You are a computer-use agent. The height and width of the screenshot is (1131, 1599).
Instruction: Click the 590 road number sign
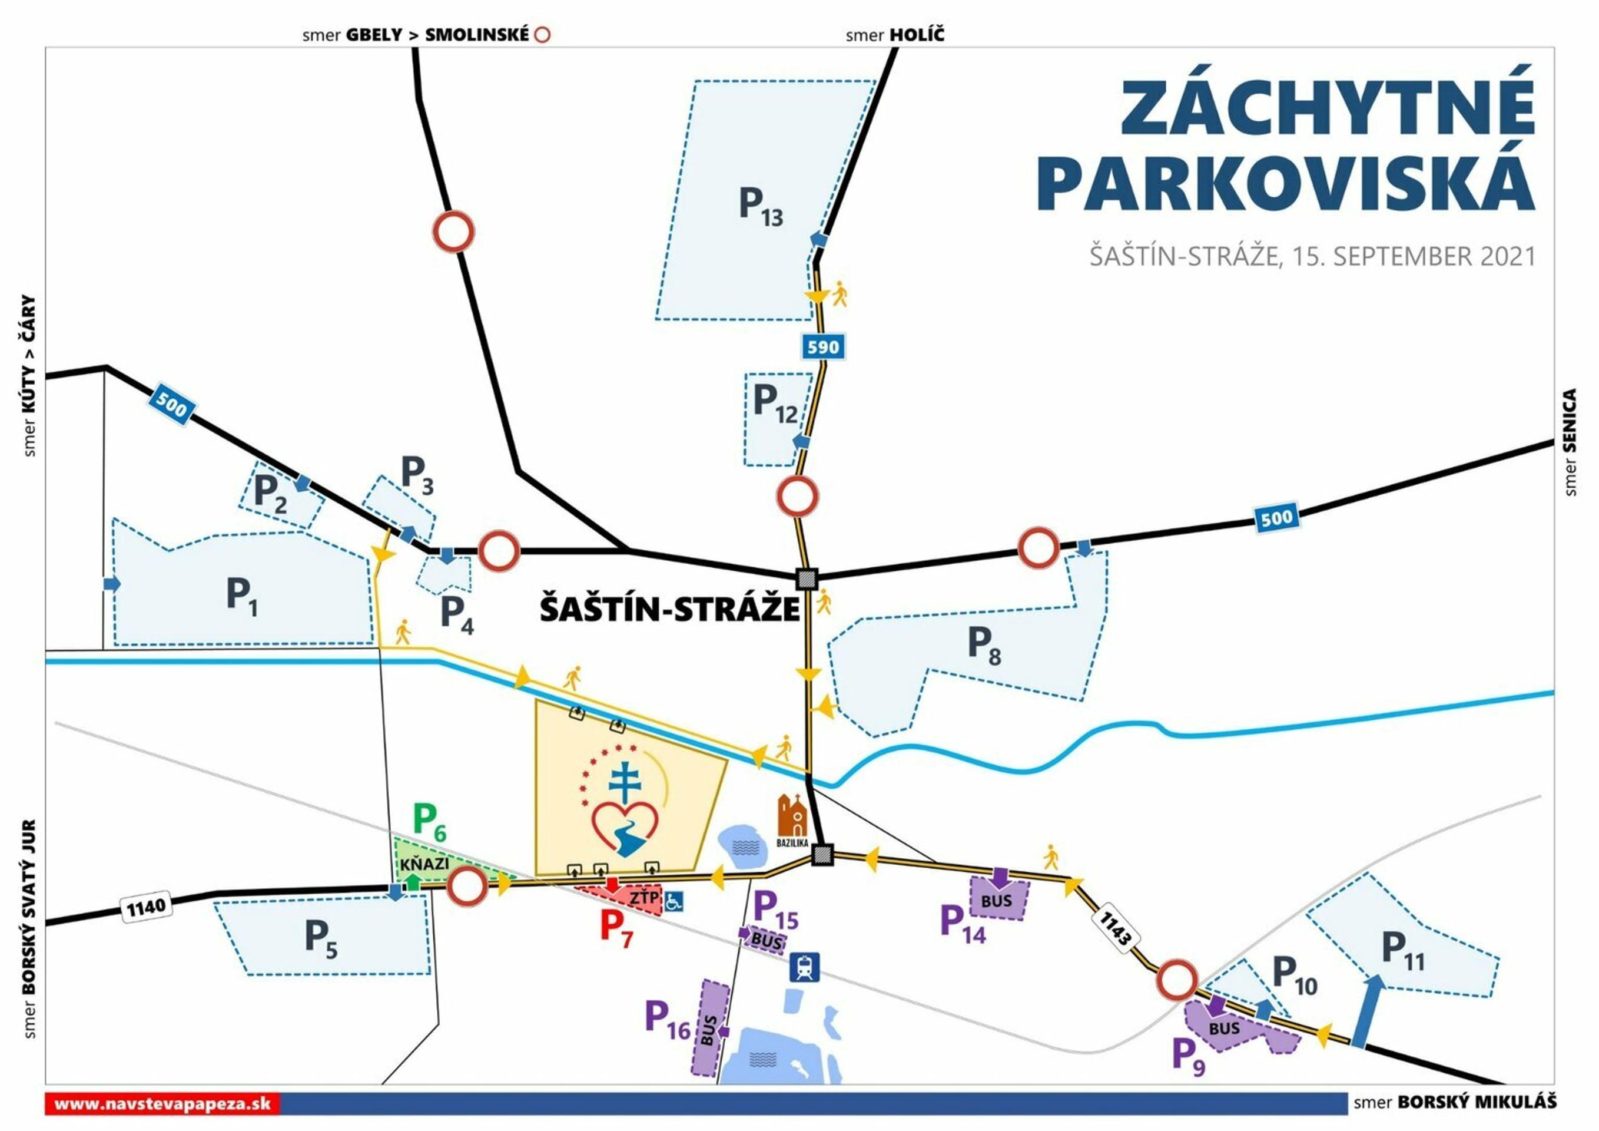[x=823, y=346]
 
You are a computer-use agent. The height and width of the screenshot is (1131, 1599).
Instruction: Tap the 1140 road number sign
[x=145, y=907]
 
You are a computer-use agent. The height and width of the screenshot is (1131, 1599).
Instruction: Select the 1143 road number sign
[x=1115, y=929]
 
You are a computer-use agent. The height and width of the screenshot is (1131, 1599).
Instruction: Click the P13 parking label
[x=761, y=207]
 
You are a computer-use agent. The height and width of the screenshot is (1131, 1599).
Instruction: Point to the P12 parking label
[x=774, y=404]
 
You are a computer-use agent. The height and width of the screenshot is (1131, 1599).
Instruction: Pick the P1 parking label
[x=241, y=597]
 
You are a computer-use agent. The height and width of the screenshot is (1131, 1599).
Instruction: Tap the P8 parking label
[x=983, y=645]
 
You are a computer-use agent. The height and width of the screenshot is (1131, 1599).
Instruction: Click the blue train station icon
[x=805, y=968]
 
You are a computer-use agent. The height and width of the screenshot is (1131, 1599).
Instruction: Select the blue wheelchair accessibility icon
[x=674, y=902]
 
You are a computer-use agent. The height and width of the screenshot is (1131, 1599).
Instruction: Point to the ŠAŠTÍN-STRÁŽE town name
[x=669, y=609]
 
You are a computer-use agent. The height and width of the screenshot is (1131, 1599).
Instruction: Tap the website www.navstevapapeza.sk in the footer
[x=162, y=1104]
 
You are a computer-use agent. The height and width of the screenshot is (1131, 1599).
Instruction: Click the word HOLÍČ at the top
[x=917, y=35]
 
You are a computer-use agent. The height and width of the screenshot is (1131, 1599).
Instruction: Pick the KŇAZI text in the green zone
[x=424, y=864]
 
